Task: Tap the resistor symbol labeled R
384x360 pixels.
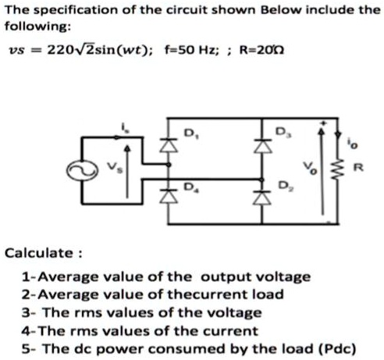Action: coord(339,166)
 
